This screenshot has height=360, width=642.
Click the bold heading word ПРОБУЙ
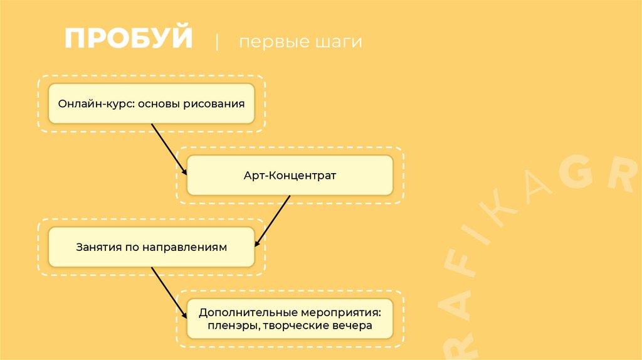[x=129, y=39]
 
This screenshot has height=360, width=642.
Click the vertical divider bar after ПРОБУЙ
[x=217, y=43]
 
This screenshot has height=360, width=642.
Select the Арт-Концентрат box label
[x=290, y=176]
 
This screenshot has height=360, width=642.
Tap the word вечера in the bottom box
[x=354, y=326]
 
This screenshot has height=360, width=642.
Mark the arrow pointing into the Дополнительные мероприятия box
[x=169, y=291]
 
